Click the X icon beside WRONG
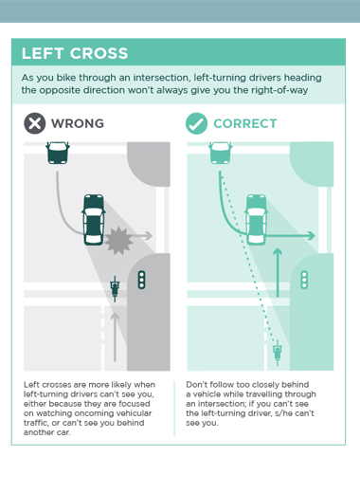point(35,123)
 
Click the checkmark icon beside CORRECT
point(196,123)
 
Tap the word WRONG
point(78,123)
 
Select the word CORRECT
point(245,123)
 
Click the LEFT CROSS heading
point(75,53)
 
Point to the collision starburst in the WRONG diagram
point(118,241)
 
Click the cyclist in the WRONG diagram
point(115,289)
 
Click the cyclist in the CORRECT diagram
point(278,353)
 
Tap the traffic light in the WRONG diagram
point(141,280)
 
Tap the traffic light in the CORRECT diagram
point(304,280)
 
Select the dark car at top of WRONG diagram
point(58,153)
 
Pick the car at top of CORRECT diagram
point(221,153)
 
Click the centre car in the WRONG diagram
point(94,220)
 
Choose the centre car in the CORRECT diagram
point(256,220)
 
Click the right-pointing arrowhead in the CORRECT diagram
point(312,236)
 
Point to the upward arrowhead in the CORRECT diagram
point(278,252)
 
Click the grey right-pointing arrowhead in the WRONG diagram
point(149,235)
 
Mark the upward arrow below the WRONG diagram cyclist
point(115,337)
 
